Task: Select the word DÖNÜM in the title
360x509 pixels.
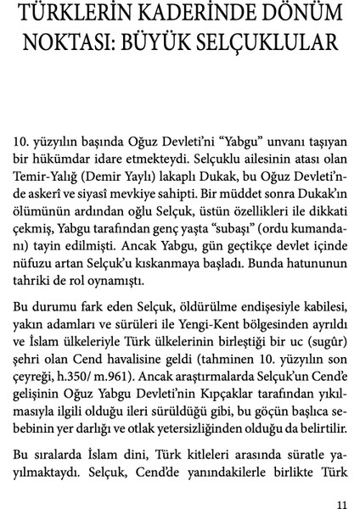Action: point(292,14)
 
